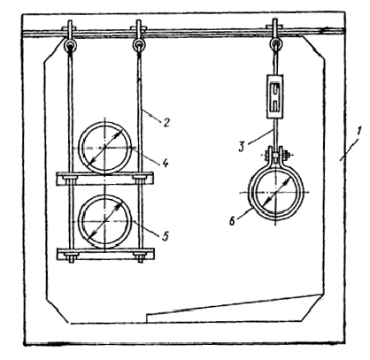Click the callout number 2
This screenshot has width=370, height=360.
coord(166,122)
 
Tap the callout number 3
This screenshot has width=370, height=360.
coord(242,147)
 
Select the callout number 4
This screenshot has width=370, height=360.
coord(166,163)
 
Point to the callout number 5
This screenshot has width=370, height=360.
coord(166,235)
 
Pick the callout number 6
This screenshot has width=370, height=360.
coord(233,221)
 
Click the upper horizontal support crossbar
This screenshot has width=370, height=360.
coord(105,179)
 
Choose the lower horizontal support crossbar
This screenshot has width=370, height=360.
coord(105,254)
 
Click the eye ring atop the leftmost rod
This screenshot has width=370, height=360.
coord(70,45)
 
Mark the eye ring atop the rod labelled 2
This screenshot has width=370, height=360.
coord(139,45)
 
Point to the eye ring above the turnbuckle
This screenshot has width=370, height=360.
coord(275,44)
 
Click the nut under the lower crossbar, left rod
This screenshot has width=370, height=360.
coord(71,260)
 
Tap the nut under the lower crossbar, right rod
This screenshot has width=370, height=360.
coord(140,260)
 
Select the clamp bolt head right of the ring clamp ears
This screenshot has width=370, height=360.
coord(286,155)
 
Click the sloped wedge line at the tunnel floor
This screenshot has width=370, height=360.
coord(234,303)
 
